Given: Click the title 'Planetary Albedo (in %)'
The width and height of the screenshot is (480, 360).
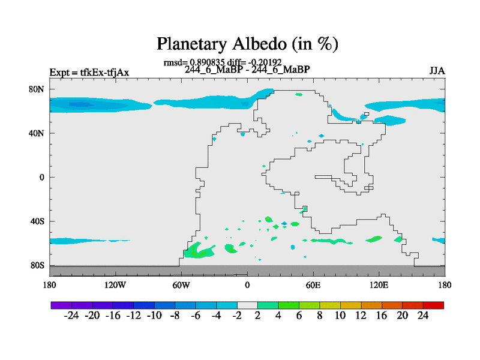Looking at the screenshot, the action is (247, 44).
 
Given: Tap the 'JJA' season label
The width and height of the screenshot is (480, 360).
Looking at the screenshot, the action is (437, 71).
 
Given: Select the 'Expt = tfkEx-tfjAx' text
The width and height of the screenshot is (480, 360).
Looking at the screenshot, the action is (89, 73).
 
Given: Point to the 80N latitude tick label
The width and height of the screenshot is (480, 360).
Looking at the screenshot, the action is (37, 89).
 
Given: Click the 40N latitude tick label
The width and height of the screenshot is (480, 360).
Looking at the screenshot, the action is (37, 133).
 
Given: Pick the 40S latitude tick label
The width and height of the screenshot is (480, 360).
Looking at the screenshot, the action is (37, 221).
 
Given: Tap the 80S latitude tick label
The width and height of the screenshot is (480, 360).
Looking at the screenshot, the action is (37, 265).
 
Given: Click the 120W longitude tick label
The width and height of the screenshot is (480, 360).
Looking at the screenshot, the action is (115, 285).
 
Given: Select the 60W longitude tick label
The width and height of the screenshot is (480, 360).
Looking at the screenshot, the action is (181, 285).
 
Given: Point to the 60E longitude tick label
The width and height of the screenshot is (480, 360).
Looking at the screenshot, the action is (313, 285).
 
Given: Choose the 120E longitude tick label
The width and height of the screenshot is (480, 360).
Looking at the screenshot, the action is (379, 285).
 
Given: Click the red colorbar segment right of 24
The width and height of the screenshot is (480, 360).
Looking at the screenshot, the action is (433, 305).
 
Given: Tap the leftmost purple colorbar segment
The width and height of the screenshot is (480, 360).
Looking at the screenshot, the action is (61, 305).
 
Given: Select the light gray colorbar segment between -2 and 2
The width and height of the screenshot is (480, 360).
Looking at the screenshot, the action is (247, 305).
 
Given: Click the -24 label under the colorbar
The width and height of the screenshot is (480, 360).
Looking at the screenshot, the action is (71, 316).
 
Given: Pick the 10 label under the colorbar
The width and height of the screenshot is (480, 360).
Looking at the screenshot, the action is (340, 316).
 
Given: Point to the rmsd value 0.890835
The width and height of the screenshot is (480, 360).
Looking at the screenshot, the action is (207, 62).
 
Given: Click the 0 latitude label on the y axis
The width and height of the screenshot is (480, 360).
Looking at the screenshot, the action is (41, 177).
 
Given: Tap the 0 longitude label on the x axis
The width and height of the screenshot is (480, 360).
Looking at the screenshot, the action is (247, 285).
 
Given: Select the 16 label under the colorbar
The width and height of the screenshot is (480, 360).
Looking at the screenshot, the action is (382, 316).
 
